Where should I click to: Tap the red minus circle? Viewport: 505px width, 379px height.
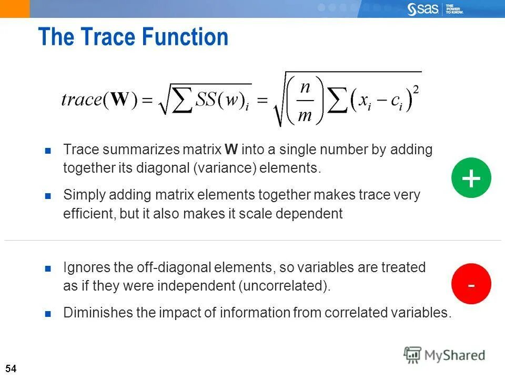coord(471,284)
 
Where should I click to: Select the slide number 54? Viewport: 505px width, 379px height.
coord(11,368)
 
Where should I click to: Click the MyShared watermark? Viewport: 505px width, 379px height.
coord(444,355)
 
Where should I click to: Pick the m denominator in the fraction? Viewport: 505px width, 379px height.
coord(305,115)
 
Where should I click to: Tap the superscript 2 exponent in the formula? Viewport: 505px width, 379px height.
coord(416,89)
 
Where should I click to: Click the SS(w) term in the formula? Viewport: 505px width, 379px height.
coord(218,101)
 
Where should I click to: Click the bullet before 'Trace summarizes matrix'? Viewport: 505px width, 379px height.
coord(48,151)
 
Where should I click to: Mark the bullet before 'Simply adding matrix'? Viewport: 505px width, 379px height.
coord(48,196)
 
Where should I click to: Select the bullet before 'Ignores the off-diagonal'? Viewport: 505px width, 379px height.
coord(48,268)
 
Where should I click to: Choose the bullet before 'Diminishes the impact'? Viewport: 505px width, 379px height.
coord(48,314)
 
